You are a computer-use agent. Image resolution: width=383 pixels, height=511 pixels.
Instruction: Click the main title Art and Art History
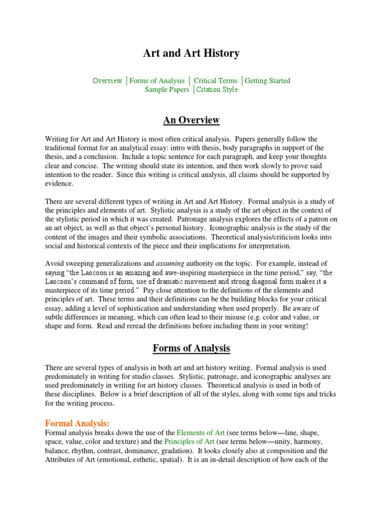point(191,53)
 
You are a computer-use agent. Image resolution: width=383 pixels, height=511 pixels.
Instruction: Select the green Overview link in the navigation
point(107,81)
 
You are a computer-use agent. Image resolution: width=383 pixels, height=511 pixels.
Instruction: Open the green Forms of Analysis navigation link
point(157,81)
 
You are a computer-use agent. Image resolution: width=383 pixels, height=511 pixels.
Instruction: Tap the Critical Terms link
point(215,81)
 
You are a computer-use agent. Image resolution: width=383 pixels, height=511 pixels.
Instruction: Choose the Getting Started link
point(267,81)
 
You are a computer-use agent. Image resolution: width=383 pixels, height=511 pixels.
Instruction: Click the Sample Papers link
point(167,90)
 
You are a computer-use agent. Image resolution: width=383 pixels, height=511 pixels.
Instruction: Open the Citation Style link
point(217,90)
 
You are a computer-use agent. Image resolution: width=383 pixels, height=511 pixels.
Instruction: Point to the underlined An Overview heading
point(191,121)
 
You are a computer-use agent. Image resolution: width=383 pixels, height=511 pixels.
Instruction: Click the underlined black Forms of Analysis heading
point(191,348)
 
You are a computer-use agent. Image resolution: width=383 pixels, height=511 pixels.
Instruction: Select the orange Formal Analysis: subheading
point(77,423)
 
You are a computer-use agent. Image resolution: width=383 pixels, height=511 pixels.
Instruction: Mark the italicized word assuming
point(171,263)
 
